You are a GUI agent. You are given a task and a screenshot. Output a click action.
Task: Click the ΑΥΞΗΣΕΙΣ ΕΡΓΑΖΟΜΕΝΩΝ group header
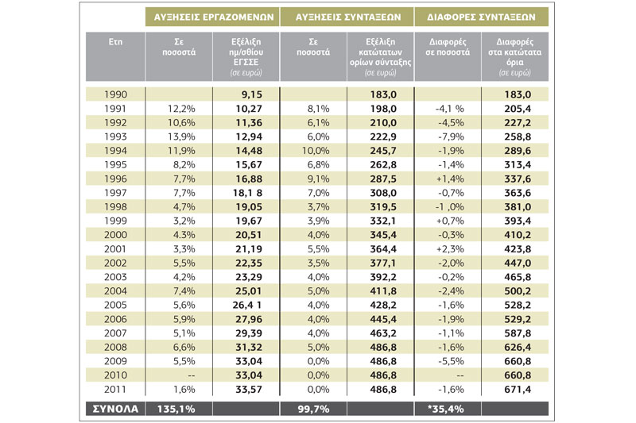tap(213, 17)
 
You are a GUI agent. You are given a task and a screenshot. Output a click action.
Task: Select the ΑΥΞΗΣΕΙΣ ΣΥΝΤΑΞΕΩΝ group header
tap(347, 17)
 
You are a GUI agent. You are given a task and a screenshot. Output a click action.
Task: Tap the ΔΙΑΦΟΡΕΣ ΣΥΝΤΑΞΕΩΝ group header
tap(481, 17)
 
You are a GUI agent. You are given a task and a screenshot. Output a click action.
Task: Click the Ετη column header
tap(115, 42)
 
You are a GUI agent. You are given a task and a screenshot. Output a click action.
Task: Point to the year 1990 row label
tap(115, 94)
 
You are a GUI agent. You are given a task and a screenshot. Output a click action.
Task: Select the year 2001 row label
tap(115, 249)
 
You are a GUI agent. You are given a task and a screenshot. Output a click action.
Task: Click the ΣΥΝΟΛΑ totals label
tap(115, 409)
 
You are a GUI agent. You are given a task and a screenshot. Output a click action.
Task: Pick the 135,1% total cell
tap(176, 409)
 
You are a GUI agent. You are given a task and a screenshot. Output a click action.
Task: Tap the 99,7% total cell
tap(313, 409)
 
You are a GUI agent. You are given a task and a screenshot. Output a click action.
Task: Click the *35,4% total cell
tap(446, 409)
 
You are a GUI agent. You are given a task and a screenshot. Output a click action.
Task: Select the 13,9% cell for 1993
tap(181, 137)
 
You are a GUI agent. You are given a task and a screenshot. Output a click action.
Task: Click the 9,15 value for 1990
tap(252, 94)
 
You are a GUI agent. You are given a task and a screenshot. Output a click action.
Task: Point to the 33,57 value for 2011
tap(249, 390)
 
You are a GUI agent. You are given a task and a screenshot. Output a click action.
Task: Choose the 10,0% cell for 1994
tap(316, 151)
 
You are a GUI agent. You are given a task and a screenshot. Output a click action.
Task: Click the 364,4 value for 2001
tap(383, 249)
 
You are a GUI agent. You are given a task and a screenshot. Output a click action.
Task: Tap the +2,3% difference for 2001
tap(450, 249)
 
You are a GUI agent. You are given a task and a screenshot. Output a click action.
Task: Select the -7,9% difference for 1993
tap(451, 137)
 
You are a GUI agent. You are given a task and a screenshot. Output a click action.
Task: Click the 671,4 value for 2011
tap(518, 390)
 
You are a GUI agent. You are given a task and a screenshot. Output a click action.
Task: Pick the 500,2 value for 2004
tap(518, 291)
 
